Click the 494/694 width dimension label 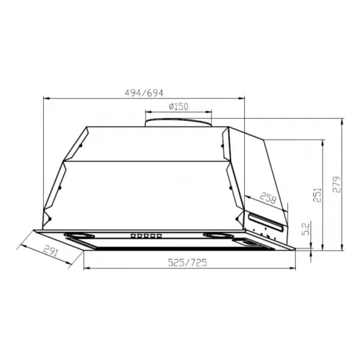coord(144,93)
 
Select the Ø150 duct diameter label coord(179,107)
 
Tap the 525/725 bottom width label coord(187,263)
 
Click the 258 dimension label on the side coord(268,198)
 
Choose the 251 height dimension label coord(318,195)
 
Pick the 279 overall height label coord(336,184)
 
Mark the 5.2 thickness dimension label coord(307,229)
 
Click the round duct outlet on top coord(179,122)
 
